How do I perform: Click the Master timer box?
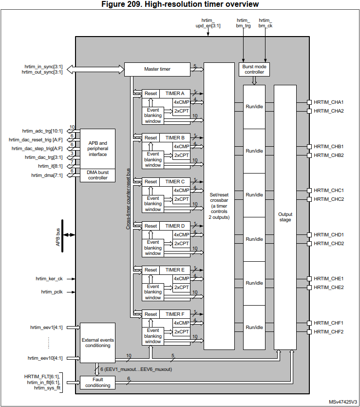pos(157,69)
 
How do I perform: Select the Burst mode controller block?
pos(254,69)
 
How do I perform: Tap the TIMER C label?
pos(175,182)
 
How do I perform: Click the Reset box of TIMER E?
pos(151,270)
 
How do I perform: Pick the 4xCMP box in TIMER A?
pos(182,102)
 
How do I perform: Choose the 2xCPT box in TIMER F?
pos(182,332)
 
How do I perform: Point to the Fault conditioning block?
pos(98,383)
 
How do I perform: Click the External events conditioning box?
pos(97,343)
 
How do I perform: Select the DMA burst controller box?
pos(97,175)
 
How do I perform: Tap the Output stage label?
pos(285,217)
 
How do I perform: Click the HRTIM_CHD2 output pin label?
pos(329,243)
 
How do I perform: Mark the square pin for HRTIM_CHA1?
pos(309,102)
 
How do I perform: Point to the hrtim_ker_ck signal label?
pos(49,279)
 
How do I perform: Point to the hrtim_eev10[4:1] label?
pos(46,358)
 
